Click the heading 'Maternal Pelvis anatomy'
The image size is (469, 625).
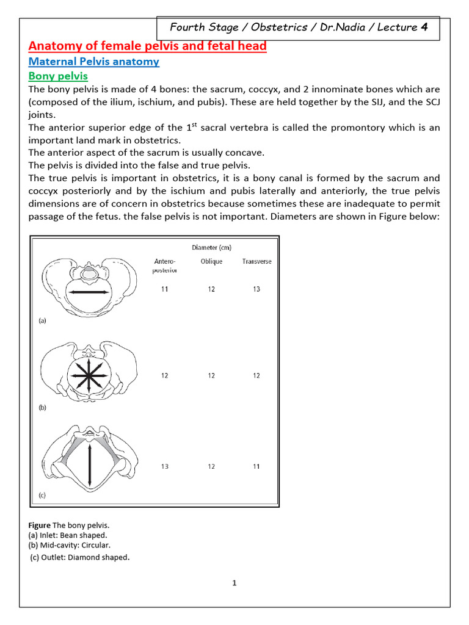tap(94, 61)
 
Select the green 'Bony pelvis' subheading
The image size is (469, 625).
tap(59, 76)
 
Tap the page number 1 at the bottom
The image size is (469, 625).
tap(234, 583)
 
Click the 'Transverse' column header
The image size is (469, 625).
tap(256, 261)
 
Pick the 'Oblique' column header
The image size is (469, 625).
tap(211, 261)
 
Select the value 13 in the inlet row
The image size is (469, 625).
tap(256, 289)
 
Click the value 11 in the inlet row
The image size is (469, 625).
tap(165, 289)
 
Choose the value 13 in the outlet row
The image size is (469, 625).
tap(165, 466)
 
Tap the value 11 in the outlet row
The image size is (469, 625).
tap(256, 466)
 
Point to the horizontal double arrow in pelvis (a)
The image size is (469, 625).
tap(89, 293)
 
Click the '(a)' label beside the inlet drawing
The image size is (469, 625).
tap(42, 320)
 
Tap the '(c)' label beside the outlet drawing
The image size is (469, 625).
tap(42, 496)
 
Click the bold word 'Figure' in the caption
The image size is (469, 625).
tap(40, 525)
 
